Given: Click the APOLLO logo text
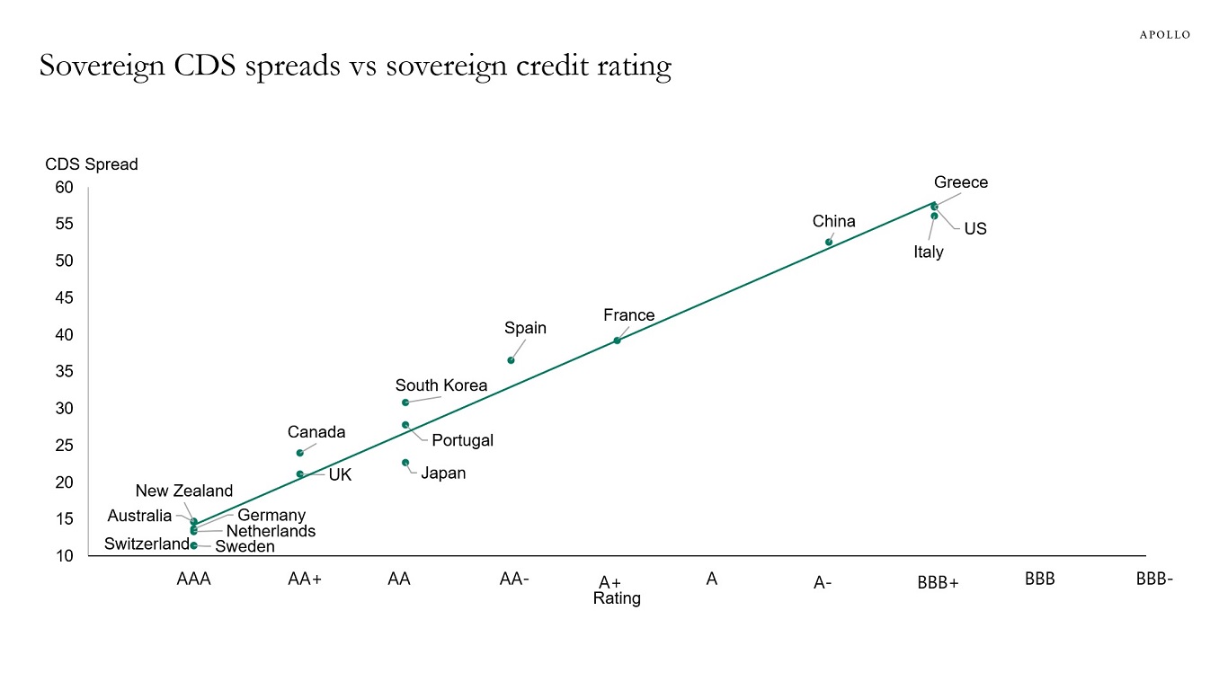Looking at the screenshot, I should tap(1165, 35).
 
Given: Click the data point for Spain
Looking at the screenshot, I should tap(511, 360).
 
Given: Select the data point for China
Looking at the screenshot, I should tap(829, 242).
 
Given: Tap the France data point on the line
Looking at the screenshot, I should tap(617, 341).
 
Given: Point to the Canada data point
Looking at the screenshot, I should tap(300, 453).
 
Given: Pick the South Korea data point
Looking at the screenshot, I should tap(405, 402).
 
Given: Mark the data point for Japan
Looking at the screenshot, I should tap(405, 463).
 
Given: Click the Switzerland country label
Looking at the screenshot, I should tap(147, 544).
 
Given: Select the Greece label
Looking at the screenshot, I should tap(960, 182).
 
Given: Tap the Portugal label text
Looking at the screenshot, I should tap(462, 440).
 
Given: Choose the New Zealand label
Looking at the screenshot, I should tap(184, 491).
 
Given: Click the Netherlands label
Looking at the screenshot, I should tap(271, 531).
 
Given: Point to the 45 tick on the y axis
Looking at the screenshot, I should tap(63, 297).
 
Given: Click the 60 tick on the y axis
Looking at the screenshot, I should tap(63, 187).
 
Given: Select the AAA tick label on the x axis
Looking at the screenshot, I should tap(193, 579).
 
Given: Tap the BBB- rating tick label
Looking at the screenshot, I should tap(1154, 579).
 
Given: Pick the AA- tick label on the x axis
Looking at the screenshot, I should tap(514, 579).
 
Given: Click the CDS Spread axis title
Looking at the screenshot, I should tap(92, 164).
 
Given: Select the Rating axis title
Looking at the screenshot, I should tap(617, 598).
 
